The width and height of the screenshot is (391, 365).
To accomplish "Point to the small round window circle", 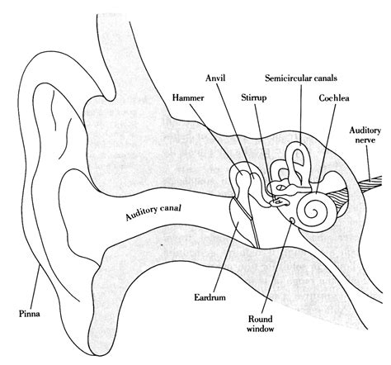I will pyautogui.click(x=293, y=220).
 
